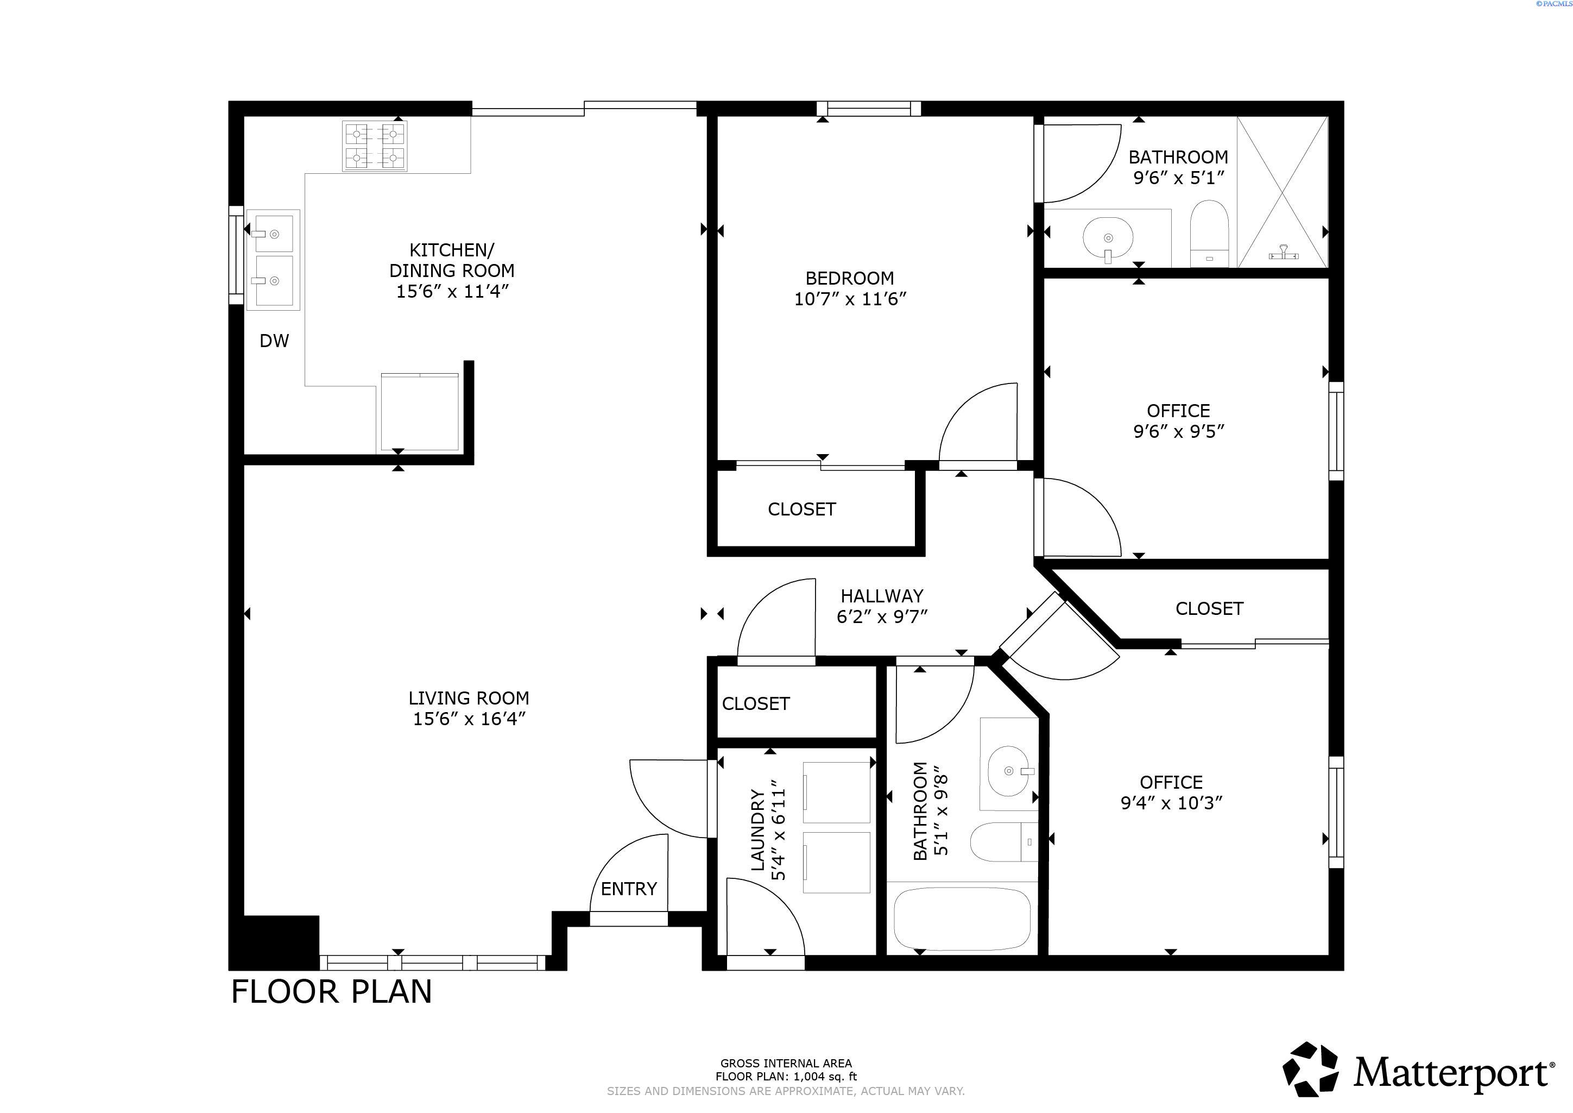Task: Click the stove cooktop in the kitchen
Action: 375,146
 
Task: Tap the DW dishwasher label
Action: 274,341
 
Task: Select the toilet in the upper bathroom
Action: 1209,233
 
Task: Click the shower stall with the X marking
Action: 1283,192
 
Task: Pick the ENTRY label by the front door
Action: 628,889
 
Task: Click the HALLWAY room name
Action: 882,595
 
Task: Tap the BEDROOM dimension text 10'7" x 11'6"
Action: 850,299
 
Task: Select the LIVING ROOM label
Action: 469,697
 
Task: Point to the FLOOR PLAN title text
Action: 332,992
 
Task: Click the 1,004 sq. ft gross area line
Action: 786,1077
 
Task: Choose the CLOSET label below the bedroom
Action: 801,509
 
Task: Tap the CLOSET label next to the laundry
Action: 756,704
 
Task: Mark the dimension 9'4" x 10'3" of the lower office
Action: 1172,802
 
